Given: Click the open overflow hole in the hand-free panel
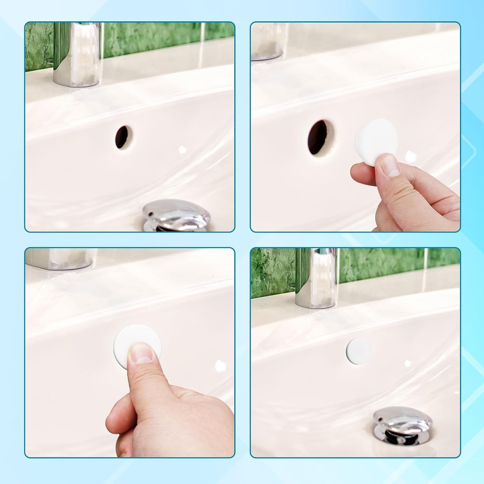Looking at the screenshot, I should click(123, 137).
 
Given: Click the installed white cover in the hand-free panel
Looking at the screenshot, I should click(358, 351).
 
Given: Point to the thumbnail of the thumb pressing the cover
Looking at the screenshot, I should click(141, 354).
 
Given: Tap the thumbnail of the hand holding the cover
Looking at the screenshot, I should click(390, 166).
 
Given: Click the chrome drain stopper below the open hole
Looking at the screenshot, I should click(176, 215).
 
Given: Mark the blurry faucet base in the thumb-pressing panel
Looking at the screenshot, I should click(59, 259).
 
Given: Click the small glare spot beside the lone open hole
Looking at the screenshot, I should click(182, 149).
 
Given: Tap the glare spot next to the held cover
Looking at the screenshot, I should click(411, 157).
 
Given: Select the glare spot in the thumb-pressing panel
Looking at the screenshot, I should click(220, 365).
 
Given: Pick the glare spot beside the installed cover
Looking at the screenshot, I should click(408, 363).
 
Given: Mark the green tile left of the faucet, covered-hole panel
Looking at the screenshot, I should click(272, 273).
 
